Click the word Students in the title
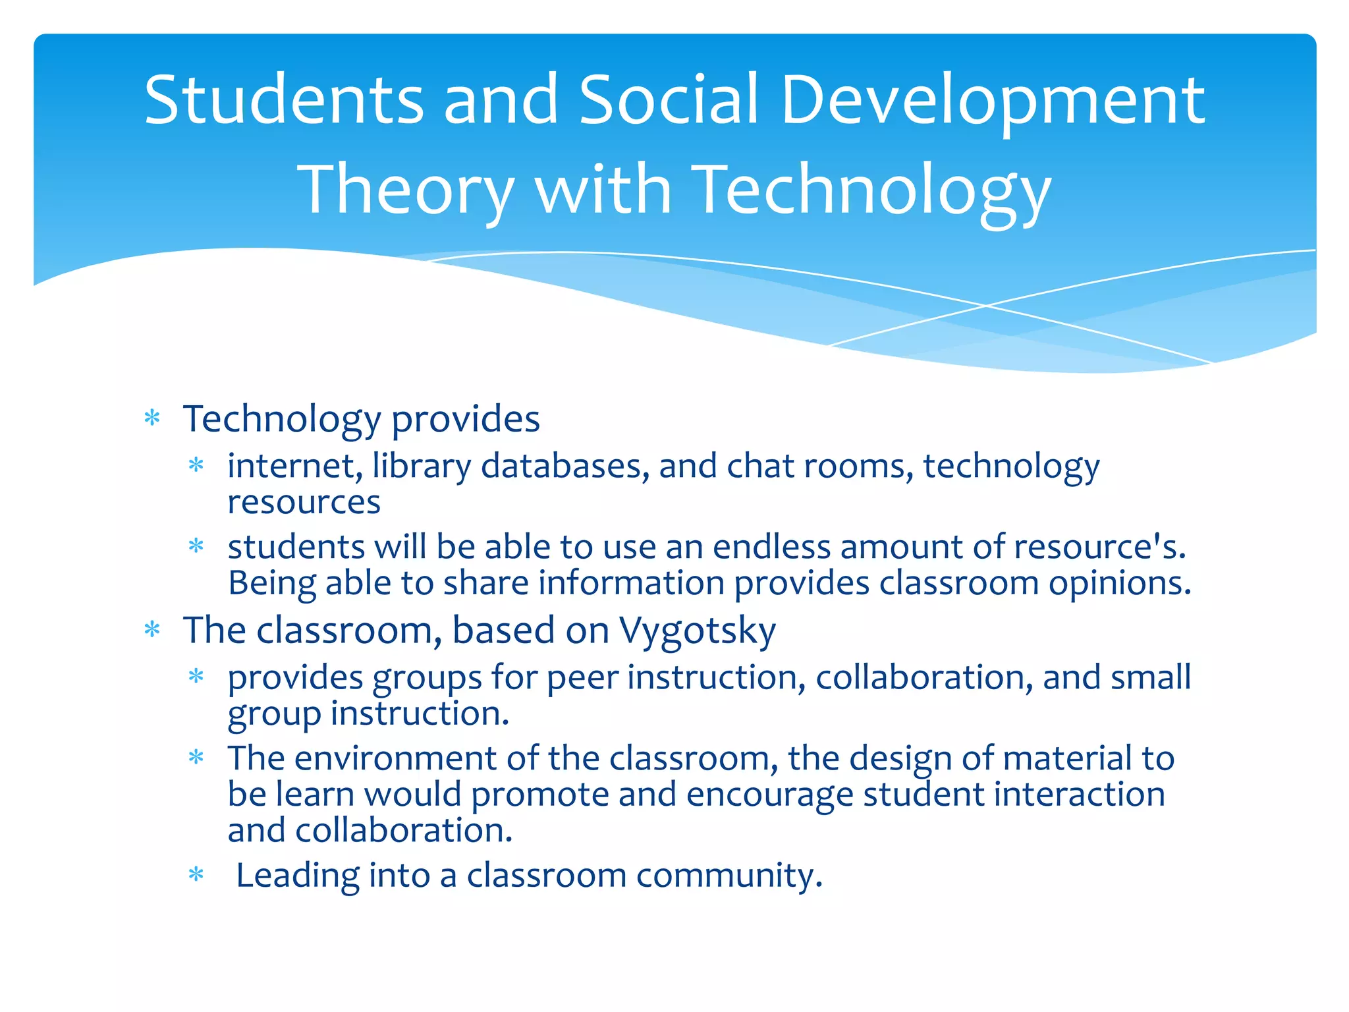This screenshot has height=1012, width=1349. [284, 100]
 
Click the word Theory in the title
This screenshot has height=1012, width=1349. [406, 191]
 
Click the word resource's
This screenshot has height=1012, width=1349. [1099, 547]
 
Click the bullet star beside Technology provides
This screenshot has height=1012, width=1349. [152, 418]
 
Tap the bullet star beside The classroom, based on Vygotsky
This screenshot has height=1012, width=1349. [152, 630]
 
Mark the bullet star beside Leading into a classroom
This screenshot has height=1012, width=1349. [196, 875]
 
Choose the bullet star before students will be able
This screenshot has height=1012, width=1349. [196, 546]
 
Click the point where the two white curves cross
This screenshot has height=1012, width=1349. [986, 306]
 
